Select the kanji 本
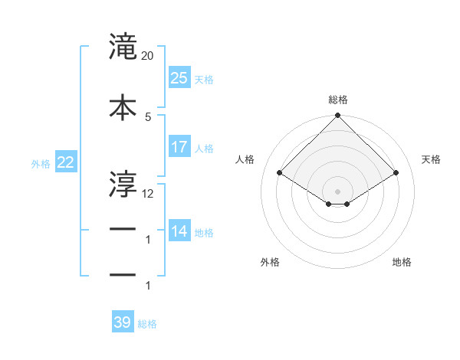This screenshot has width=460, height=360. click(x=123, y=106)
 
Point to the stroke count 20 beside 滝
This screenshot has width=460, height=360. click(x=148, y=57)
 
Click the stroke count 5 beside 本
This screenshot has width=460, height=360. click(x=148, y=116)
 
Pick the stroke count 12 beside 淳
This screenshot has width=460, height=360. click(x=148, y=193)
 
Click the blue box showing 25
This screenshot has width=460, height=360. click(x=179, y=77)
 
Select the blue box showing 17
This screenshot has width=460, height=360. click(x=179, y=146)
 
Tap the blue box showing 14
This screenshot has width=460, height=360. click(x=179, y=231)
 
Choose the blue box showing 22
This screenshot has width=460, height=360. click(x=65, y=162)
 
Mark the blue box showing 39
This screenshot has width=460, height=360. click(x=123, y=322)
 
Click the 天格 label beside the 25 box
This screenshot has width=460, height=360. click(x=204, y=79)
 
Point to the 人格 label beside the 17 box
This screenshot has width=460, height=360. click(x=204, y=148)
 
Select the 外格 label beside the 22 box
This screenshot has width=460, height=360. click(x=41, y=163)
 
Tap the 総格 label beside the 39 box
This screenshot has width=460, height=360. click(x=148, y=324)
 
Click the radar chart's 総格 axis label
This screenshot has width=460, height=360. click(x=338, y=100)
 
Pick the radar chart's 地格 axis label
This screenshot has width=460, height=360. click(x=402, y=262)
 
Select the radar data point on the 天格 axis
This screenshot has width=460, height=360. click(x=396, y=173)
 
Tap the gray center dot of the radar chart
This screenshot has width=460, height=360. click(x=338, y=190)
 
